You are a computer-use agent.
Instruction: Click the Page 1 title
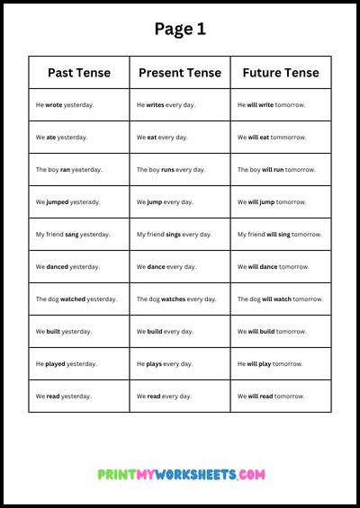pos(180,29)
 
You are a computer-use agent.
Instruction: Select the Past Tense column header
pos(78,73)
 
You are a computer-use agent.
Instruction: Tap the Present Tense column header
pos(179,73)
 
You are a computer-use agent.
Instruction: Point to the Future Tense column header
pos(280,73)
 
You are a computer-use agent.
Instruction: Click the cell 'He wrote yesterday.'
pos(65,105)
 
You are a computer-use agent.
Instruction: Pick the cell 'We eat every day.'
pos(163,138)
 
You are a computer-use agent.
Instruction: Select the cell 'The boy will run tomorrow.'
pos(276,170)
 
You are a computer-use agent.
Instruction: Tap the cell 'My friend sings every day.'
pos(174,235)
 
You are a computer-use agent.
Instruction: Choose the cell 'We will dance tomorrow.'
pos(273,267)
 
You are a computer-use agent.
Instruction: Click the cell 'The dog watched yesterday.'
pos(76,299)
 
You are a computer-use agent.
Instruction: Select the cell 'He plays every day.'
pos(164,364)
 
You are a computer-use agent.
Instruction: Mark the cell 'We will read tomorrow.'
pos(271,397)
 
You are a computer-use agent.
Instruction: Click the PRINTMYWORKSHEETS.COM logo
pos(180,474)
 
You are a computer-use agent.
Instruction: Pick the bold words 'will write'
pos(260,105)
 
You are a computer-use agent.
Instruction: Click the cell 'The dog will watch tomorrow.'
pos(280,299)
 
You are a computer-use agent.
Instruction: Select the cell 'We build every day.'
pos(165,332)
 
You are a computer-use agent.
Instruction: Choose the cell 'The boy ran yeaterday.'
pos(68,170)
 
